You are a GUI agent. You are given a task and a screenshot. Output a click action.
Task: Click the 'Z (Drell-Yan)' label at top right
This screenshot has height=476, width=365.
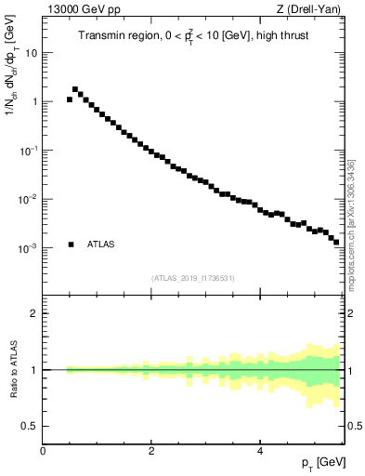click(314, 10)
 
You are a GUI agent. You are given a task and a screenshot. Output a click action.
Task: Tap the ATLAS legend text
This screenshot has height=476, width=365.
click(101, 245)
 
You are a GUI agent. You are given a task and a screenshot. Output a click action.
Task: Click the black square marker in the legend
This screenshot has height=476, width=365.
click(71, 245)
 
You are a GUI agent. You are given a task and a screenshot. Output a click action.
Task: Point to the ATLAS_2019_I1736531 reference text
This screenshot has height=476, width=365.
click(193, 278)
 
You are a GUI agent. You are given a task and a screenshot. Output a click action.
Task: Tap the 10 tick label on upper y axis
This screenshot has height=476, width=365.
click(32, 53)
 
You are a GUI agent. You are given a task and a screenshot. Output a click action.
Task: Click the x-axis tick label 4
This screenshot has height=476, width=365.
click(260, 451)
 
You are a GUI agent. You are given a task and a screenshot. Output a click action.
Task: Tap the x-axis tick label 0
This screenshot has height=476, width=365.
click(43, 451)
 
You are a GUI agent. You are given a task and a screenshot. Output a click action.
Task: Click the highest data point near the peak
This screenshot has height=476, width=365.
click(75, 89)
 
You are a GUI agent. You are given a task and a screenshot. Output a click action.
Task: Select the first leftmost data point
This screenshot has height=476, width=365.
click(70, 99)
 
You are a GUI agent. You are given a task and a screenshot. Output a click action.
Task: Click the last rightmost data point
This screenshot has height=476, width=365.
click(336, 242)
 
